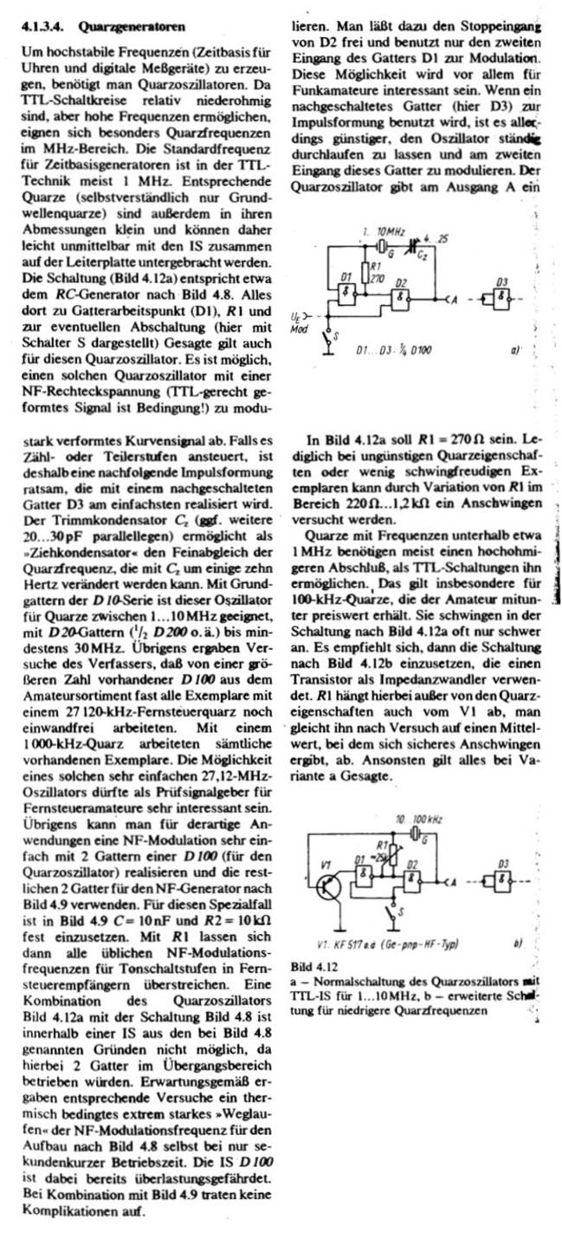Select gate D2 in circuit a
[402, 299]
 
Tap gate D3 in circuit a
[501, 299]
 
